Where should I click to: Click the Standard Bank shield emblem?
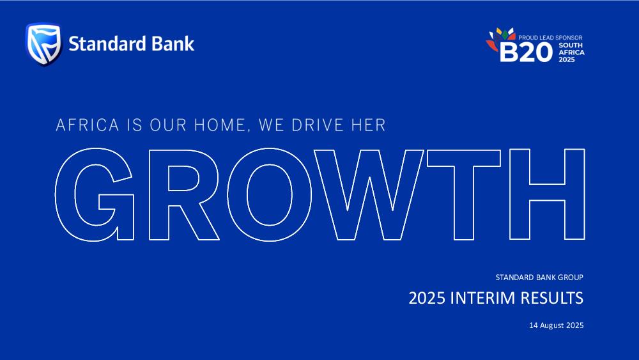pyautogui.click(x=43, y=44)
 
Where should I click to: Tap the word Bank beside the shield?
pyautogui.click(x=173, y=44)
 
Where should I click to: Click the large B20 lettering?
pyautogui.click(x=526, y=52)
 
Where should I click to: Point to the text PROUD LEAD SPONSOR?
pyautogui.click(x=550, y=38)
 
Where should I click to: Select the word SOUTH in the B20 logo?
pyautogui.click(x=571, y=45)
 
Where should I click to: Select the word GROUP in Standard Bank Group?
pyautogui.click(x=571, y=278)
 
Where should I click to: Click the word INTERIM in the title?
pyautogui.click(x=483, y=298)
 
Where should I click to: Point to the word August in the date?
pyautogui.click(x=552, y=325)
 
